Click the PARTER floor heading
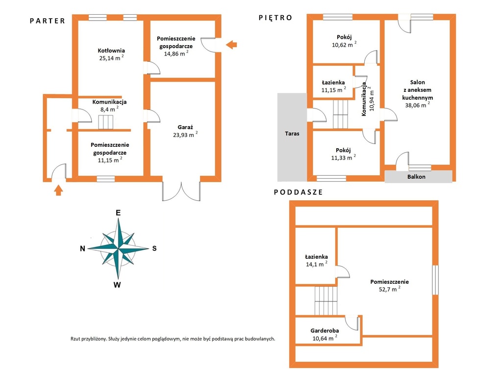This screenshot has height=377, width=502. point(48,21)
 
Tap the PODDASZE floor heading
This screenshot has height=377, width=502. point(299,192)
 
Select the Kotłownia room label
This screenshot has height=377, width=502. point(111,51)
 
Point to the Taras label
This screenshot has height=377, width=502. point(292,134)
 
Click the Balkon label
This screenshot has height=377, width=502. point(416,177)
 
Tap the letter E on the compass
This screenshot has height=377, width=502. point(118,213)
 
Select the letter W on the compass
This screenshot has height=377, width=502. point(117,285)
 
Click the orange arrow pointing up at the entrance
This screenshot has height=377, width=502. point(58,190)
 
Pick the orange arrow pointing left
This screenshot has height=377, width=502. point(231,45)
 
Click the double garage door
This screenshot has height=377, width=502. point(181,191)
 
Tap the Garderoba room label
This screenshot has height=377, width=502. point(325,331)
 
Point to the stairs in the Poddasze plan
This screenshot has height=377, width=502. point(326,301)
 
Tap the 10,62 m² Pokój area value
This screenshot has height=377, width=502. point(344,45)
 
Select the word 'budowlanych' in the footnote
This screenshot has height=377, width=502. point(260,339)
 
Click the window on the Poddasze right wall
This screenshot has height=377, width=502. point(435,280)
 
